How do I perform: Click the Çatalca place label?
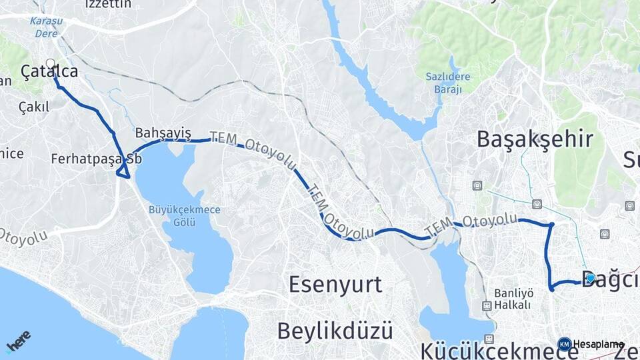click(x=49, y=71)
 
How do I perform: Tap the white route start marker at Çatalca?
click(x=51, y=64)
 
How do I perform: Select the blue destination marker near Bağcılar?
click(x=590, y=277)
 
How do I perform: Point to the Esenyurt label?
click(x=335, y=285)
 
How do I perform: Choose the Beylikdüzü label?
click(x=335, y=330)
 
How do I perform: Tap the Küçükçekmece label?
click(x=490, y=351)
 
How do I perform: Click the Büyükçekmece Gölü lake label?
click(x=184, y=216)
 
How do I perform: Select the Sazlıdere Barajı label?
click(x=448, y=83)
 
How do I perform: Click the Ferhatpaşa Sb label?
click(x=97, y=159)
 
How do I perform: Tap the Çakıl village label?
click(x=34, y=107)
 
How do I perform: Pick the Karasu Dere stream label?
click(x=46, y=25)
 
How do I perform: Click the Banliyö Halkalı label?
click(x=512, y=299)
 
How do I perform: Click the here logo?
click(x=18, y=341)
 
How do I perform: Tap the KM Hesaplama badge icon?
click(x=565, y=344)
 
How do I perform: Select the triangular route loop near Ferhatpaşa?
click(x=123, y=173)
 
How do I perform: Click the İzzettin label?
click(x=109, y=4)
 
